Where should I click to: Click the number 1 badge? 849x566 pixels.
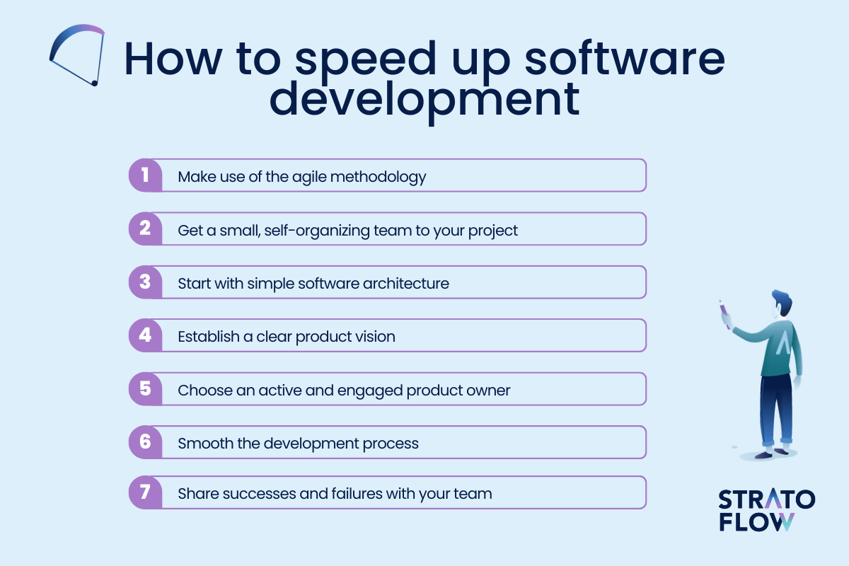(x=146, y=175)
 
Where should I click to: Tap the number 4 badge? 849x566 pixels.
(x=146, y=335)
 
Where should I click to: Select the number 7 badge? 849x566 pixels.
(x=146, y=492)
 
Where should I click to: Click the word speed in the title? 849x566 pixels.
(x=366, y=62)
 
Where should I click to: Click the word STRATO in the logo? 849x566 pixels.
(x=766, y=499)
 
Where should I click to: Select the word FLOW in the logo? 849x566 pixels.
(x=756, y=522)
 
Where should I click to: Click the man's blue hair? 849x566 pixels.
(x=783, y=301)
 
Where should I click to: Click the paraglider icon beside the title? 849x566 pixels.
(x=77, y=55)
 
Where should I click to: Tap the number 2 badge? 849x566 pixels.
(x=146, y=229)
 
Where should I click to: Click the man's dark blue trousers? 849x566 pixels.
(x=775, y=410)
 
